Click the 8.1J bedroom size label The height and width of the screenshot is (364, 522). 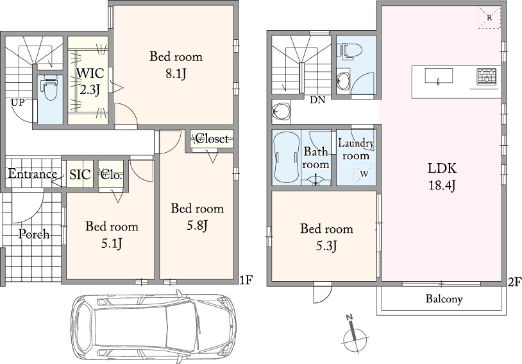pyautogui.click(x=176, y=73)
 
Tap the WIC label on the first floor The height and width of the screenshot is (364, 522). pyautogui.click(x=90, y=73)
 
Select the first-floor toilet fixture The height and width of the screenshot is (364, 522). pyautogui.click(x=51, y=88)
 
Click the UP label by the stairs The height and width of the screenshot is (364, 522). pyautogui.click(x=18, y=102)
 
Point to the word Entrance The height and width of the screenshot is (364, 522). pyautogui.click(x=32, y=174)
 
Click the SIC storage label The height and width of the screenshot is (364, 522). pyautogui.click(x=80, y=175)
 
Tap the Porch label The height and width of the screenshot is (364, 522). pyautogui.click(x=33, y=234)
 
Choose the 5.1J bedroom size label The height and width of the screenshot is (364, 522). pyautogui.click(x=112, y=244)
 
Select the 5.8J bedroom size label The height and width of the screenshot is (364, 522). pyautogui.click(x=197, y=226)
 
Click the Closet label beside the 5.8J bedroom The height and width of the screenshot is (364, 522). pyautogui.click(x=212, y=138)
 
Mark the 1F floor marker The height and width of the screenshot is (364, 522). pyautogui.click(x=246, y=281)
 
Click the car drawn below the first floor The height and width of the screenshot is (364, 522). pyautogui.click(x=154, y=326)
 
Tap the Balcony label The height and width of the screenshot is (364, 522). pyautogui.click(x=444, y=299)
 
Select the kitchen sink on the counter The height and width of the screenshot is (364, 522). pyautogui.click(x=439, y=76)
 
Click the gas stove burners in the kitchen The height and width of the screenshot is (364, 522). pyautogui.click(x=486, y=76)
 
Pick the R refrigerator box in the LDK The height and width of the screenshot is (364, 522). pyautogui.click(x=489, y=18)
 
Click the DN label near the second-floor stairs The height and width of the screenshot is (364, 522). pyautogui.click(x=317, y=100)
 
